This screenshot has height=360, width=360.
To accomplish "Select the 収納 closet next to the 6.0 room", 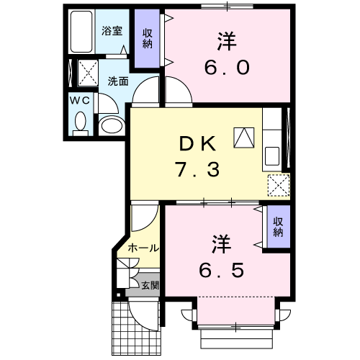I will (x=148, y=39).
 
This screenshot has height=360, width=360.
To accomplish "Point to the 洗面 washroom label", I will (x=118, y=81).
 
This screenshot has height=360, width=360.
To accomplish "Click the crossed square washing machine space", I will (x=89, y=72).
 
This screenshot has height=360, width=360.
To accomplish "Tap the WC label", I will (x=80, y=101).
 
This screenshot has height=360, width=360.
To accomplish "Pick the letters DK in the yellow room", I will (x=196, y=144).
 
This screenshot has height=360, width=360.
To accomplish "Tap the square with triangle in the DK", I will (x=244, y=136).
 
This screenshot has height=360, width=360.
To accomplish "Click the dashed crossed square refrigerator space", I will (x=278, y=184).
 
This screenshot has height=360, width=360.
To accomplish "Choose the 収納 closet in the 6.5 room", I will (x=278, y=227).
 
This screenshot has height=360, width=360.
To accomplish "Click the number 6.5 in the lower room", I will (x=222, y=271).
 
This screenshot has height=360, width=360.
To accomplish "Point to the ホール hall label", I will (x=143, y=248).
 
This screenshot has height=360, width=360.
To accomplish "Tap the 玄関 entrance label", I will (x=149, y=286).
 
